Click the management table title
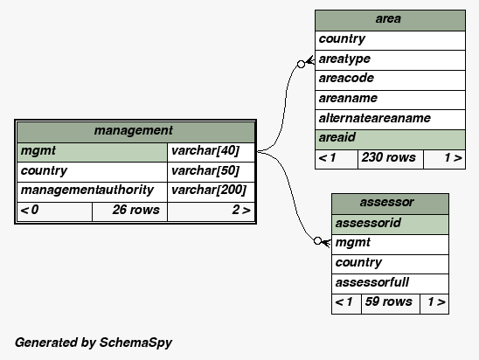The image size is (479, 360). (x=134, y=131)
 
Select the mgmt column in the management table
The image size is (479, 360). (x=93, y=152)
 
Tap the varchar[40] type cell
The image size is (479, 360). (x=211, y=152)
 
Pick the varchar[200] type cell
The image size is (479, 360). (x=211, y=191)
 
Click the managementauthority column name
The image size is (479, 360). (x=87, y=190)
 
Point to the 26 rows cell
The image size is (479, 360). (x=129, y=211)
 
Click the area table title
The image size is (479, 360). (x=388, y=19)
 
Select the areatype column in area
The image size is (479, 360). (x=390, y=60)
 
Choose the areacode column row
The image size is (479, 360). (x=390, y=80)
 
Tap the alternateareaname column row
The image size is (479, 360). (x=390, y=120)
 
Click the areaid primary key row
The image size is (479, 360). (x=390, y=140)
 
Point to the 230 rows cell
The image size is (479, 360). (x=391, y=159)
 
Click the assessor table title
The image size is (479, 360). (x=386, y=202)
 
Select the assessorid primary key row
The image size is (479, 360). (x=390, y=225)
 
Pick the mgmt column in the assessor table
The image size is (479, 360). (x=390, y=245)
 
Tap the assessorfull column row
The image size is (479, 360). (x=390, y=284)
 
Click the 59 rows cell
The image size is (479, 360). (x=391, y=304)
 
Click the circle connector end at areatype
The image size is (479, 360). (x=301, y=64)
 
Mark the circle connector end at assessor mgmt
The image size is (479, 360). (x=317, y=241)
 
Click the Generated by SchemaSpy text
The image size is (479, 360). (x=94, y=343)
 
